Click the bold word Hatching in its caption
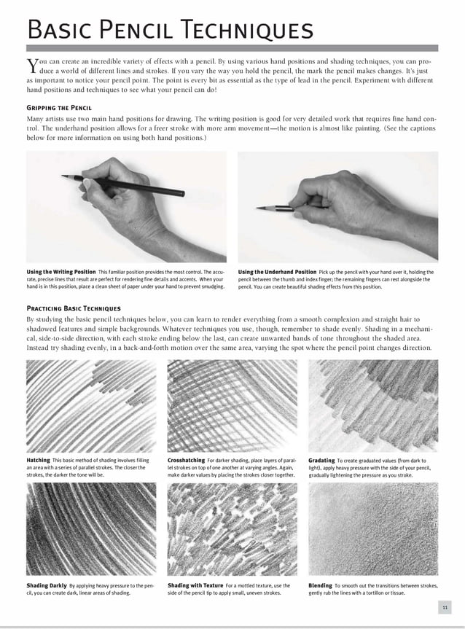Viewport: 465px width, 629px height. (38, 460)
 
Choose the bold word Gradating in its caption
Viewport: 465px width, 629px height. (321, 460)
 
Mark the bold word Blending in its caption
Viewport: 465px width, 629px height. (321, 585)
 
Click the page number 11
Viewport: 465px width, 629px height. (445, 607)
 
